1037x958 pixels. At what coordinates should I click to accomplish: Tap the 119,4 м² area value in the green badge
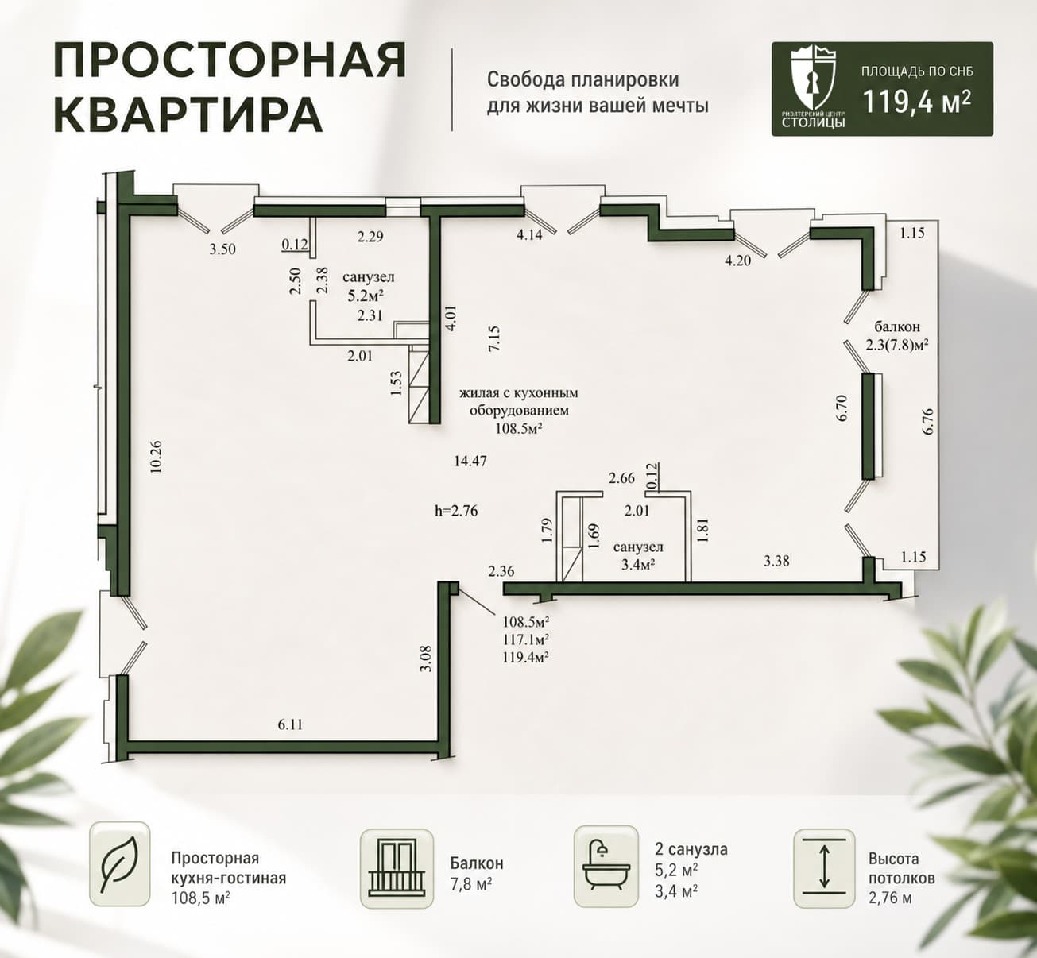[x=916, y=102]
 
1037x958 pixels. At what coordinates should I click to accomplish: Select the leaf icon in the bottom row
[x=119, y=864]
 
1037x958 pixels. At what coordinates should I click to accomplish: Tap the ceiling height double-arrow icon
[x=824, y=867]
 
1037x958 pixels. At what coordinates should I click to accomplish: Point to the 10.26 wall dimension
[x=156, y=457]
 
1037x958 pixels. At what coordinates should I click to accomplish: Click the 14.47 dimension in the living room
[x=470, y=461]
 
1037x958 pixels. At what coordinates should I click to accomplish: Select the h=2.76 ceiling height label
[x=456, y=511]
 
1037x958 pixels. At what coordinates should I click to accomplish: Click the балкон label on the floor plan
[x=898, y=326]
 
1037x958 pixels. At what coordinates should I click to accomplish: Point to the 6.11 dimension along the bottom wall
[x=290, y=724]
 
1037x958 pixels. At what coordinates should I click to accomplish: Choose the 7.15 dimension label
[x=494, y=338]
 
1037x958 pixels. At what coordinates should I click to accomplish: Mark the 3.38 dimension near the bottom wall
[x=776, y=561]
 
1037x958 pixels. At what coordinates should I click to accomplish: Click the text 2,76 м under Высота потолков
[x=890, y=898]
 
